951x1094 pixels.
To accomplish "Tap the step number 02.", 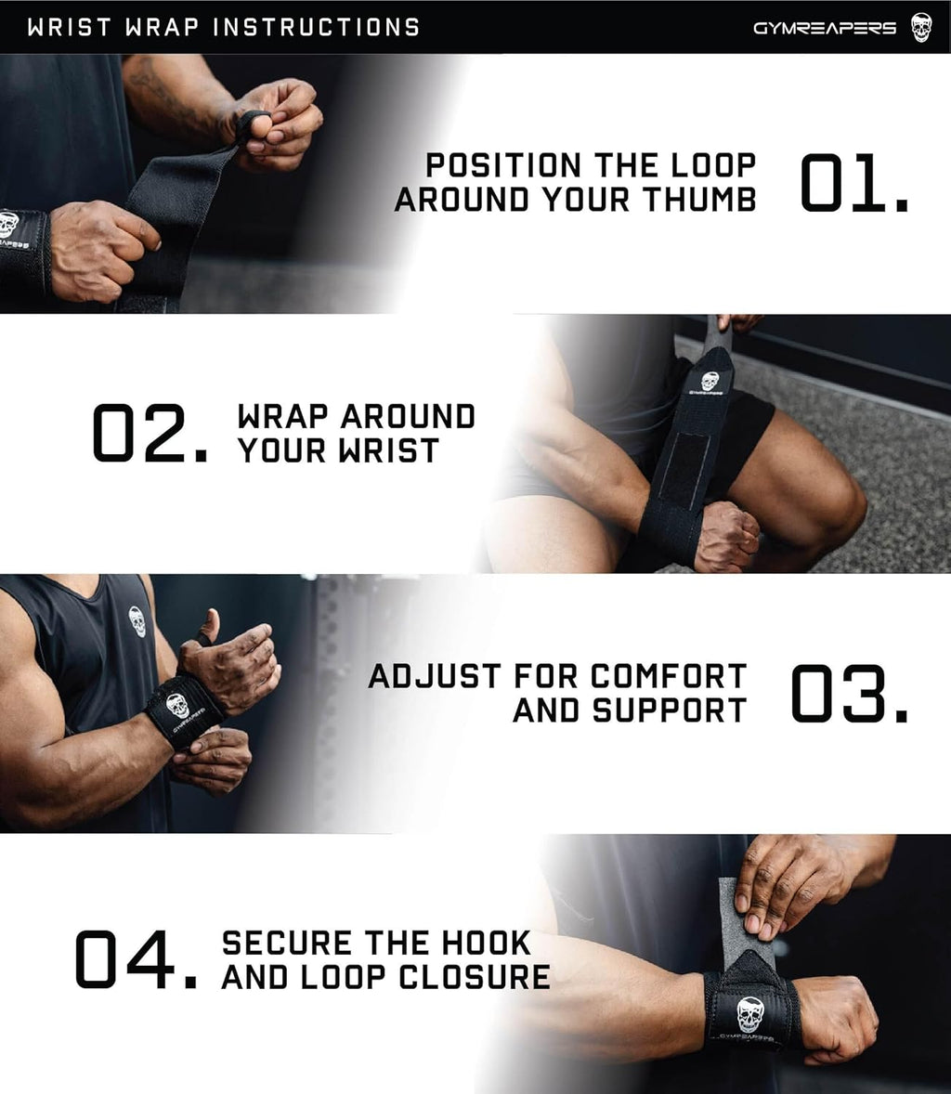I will (x=149, y=433).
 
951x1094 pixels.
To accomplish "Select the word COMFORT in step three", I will (x=669, y=675).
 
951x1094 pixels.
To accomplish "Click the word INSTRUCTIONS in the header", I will (x=316, y=27).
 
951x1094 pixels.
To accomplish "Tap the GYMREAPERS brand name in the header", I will (x=824, y=28).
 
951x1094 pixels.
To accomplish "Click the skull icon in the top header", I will (x=919, y=27).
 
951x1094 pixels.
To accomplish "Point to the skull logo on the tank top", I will (x=137, y=620).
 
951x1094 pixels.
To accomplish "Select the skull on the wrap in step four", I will (x=749, y=1015).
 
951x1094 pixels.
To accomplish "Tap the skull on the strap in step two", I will (x=709, y=382).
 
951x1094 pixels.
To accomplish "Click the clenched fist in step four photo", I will (x=836, y=1017).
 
